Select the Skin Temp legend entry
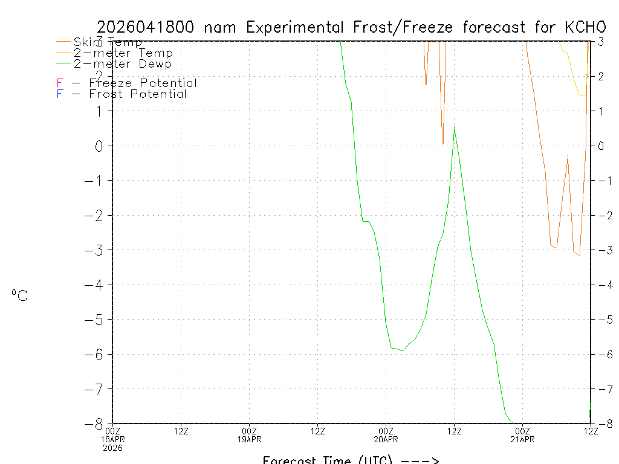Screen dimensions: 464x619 (108, 42)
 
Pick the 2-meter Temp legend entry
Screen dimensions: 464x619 (123, 53)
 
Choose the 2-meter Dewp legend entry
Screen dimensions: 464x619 (122, 64)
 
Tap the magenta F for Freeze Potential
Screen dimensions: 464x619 (60, 83)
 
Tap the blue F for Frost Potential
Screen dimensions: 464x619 (60, 94)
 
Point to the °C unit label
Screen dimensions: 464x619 (19, 296)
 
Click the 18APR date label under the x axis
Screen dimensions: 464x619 (113, 439)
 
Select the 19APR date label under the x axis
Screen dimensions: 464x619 (250, 439)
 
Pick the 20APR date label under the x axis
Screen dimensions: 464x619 (386, 439)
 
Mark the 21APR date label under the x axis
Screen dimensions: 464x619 (522, 439)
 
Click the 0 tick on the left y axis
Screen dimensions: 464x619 (100, 146)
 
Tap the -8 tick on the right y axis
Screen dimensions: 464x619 (603, 424)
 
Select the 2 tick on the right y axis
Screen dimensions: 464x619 (601, 76)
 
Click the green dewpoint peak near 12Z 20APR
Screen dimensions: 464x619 (454, 128)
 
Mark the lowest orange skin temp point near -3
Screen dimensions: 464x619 (580, 256)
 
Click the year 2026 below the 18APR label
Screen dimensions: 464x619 (113, 448)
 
